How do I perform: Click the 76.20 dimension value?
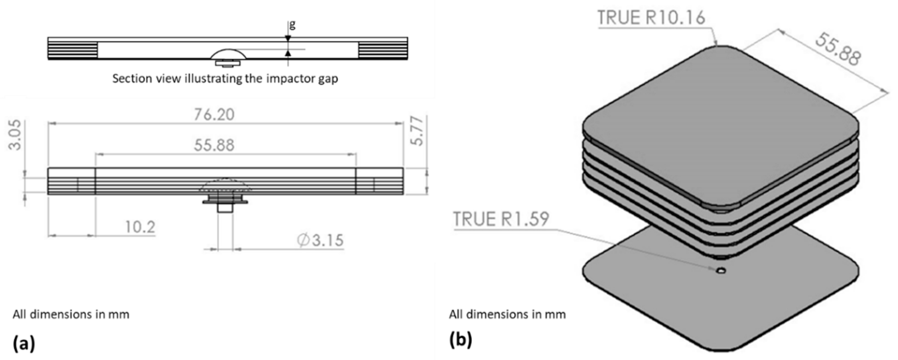tap(214, 115)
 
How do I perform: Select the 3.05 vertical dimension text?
tap(15, 135)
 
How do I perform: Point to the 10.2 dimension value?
tap(140, 227)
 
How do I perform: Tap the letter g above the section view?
tap(292, 24)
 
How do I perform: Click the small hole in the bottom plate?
tap(721, 270)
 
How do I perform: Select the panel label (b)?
tap(460, 340)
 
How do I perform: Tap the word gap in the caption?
tap(328, 79)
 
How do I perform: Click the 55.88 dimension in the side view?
tap(214, 145)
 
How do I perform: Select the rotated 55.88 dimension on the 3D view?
tap(837, 50)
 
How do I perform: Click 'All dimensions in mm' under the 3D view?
tap(507, 314)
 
